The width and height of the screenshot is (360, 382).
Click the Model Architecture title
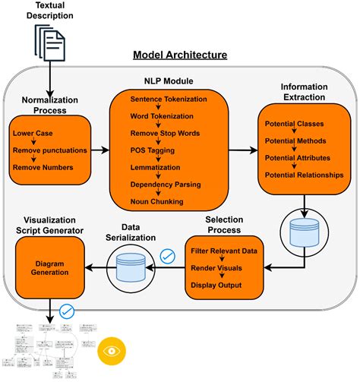(179, 55)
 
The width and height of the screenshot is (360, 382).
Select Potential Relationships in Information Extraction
(304, 175)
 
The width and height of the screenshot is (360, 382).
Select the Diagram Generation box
(50, 267)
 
